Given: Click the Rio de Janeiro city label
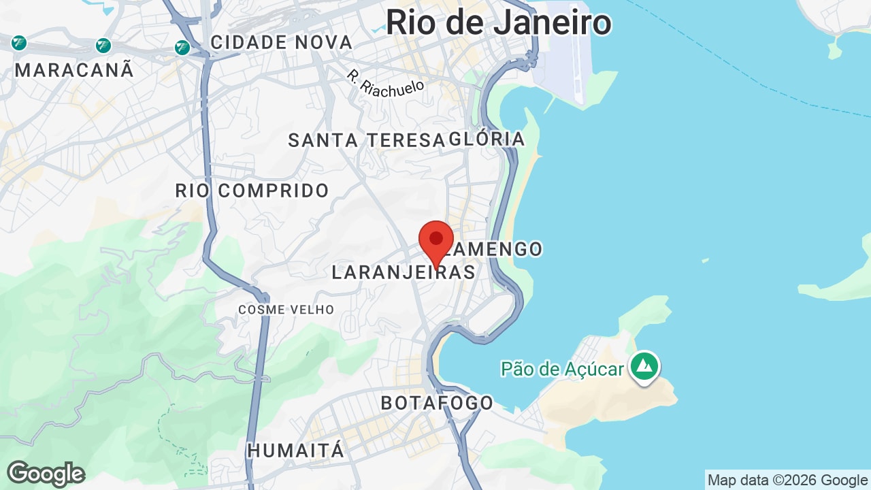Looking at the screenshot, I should click(498, 22).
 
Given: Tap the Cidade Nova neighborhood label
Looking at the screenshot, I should click(281, 42).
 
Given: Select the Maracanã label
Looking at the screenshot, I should click(74, 70).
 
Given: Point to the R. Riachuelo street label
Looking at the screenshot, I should click(385, 84).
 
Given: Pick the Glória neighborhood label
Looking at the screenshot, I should click(487, 139).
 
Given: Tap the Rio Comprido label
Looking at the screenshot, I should click(252, 191).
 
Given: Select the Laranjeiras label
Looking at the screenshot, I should click(403, 272).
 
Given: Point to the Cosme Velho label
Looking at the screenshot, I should click(286, 310).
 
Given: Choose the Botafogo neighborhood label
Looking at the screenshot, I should click(437, 402).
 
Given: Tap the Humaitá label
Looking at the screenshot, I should click(295, 451).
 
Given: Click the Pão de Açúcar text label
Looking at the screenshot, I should click(562, 369).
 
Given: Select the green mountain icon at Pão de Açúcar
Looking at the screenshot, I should click(644, 366).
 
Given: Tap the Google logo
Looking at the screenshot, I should click(46, 474).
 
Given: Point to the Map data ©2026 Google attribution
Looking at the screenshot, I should click(787, 480).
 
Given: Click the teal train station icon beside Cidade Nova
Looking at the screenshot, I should click(182, 47).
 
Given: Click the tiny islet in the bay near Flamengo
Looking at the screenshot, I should click(705, 260).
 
